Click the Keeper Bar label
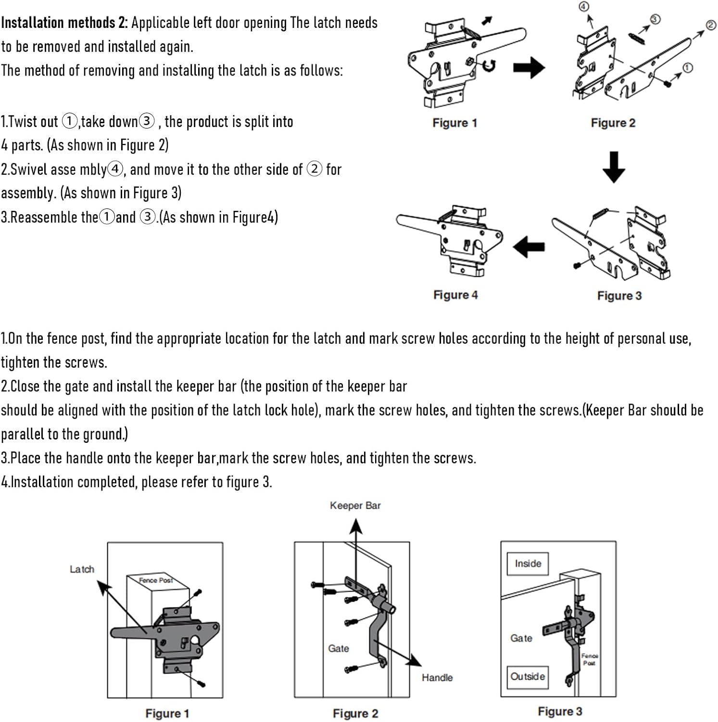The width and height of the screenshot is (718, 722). [x=355, y=505]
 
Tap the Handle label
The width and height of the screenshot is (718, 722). [x=437, y=677]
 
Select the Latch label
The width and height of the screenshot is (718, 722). [x=82, y=569]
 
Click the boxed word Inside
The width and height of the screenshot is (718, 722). [x=528, y=564]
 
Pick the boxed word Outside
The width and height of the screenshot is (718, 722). [x=528, y=676]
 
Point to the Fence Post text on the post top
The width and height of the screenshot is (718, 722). [x=155, y=580]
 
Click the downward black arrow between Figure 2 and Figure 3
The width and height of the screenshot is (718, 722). [x=614, y=167]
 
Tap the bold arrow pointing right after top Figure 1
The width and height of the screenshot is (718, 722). [x=529, y=67]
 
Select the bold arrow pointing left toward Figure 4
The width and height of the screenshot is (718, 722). [x=529, y=247]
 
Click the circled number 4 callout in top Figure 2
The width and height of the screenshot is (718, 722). [x=583, y=7]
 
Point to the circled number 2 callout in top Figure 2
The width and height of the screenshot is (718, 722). [x=711, y=26]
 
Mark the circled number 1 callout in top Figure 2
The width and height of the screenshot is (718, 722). [x=688, y=68]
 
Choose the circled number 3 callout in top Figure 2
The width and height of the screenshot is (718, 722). [x=655, y=19]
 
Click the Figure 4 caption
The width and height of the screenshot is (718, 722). [x=455, y=295]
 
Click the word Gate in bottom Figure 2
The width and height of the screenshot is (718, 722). [x=338, y=648]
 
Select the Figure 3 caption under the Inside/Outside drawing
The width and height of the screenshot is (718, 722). [x=560, y=711]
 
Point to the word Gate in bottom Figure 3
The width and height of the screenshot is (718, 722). [x=521, y=638]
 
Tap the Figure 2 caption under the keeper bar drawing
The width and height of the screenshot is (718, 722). [x=355, y=713]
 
